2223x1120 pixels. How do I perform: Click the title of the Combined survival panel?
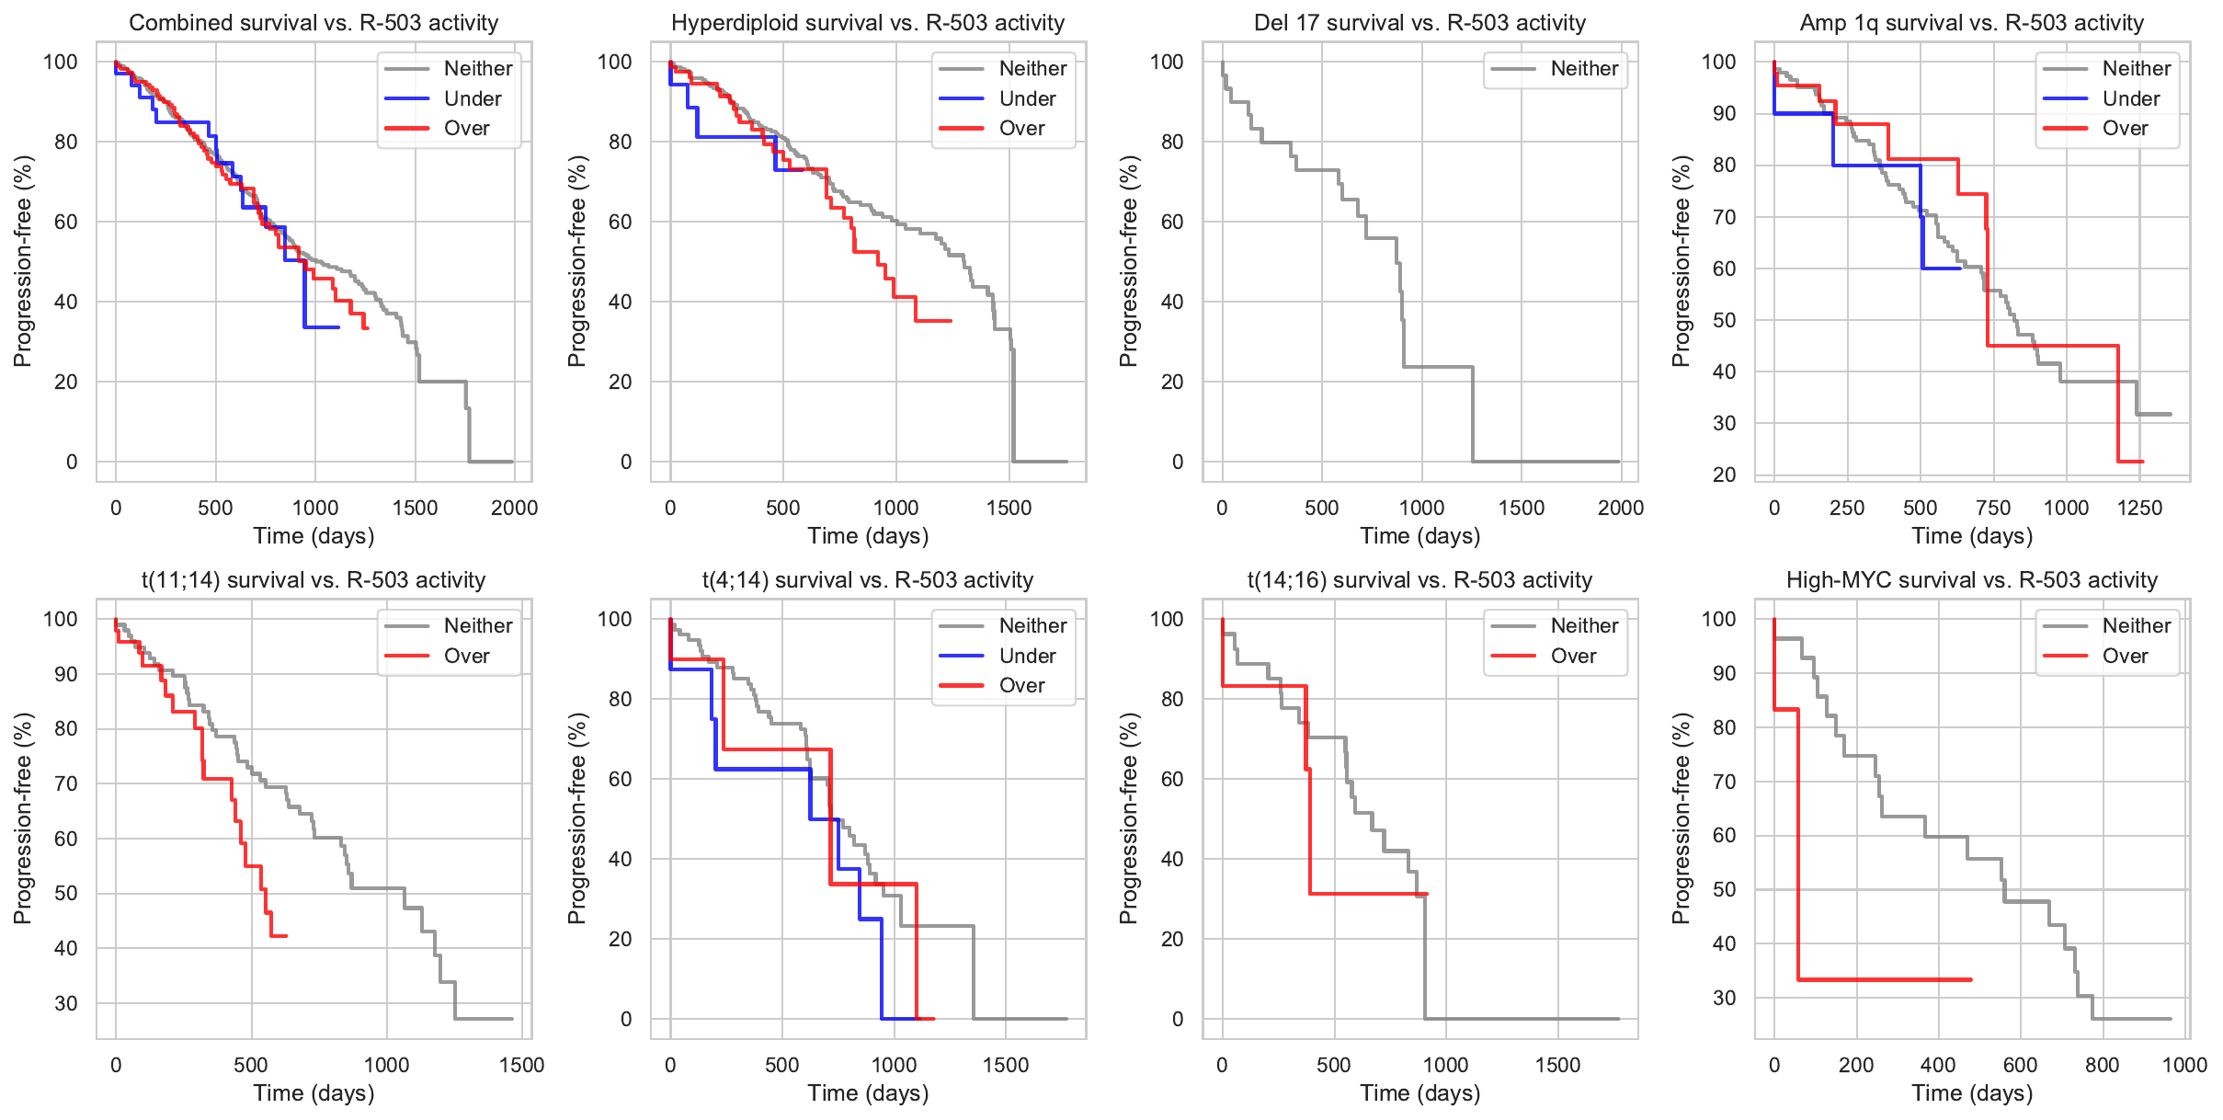pos(313,23)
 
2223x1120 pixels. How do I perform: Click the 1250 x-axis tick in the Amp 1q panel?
pos(2139,508)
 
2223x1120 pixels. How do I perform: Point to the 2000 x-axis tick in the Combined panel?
pos(514,508)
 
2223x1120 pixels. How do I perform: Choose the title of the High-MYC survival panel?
pos(1972,580)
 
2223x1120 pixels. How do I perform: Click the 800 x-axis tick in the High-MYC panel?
pos(2103,1065)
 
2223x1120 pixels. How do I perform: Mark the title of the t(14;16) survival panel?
pos(1419,580)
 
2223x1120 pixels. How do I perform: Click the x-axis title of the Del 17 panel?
pos(1419,536)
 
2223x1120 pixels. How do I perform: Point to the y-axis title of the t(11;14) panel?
pos(23,818)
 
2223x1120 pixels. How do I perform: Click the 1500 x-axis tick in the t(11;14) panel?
pos(521,1065)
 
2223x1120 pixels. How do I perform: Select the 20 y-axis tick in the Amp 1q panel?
pos(1723,474)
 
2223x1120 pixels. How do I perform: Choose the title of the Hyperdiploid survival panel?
pos(868,23)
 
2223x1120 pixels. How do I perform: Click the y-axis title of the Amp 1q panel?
pos(1681,261)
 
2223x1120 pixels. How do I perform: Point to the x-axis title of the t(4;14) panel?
pos(868,1093)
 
